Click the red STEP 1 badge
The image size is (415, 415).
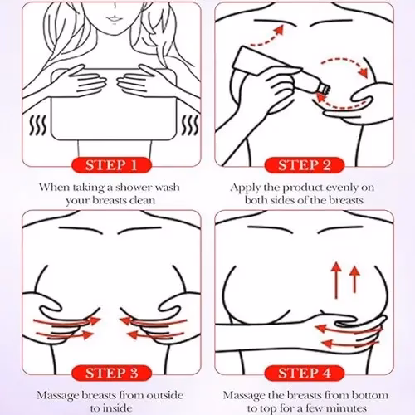pyautogui.click(x=112, y=165)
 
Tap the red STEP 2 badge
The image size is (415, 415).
pyautogui.click(x=305, y=165)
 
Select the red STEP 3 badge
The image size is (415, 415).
pyautogui.click(x=112, y=373)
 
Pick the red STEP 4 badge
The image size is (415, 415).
pyautogui.click(x=305, y=373)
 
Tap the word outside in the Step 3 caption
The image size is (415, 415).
pyautogui.click(x=165, y=395)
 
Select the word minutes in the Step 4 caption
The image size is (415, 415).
pyautogui.click(x=347, y=408)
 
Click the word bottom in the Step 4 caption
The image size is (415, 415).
pyautogui.click(x=370, y=395)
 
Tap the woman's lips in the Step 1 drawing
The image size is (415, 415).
pyautogui.click(x=113, y=19)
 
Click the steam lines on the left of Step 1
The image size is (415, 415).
pyautogui.click(x=38, y=126)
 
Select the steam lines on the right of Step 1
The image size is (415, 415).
pyautogui.click(x=190, y=126)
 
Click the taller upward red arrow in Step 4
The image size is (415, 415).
pyautogui.click(x=337, y=280)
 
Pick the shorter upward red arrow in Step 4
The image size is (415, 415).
pyautogui.click(x=354, y=280)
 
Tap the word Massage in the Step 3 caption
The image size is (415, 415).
pyautogui.click(x=57, y=396)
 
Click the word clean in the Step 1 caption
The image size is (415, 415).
pyautogui.click(x=143, y=200)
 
